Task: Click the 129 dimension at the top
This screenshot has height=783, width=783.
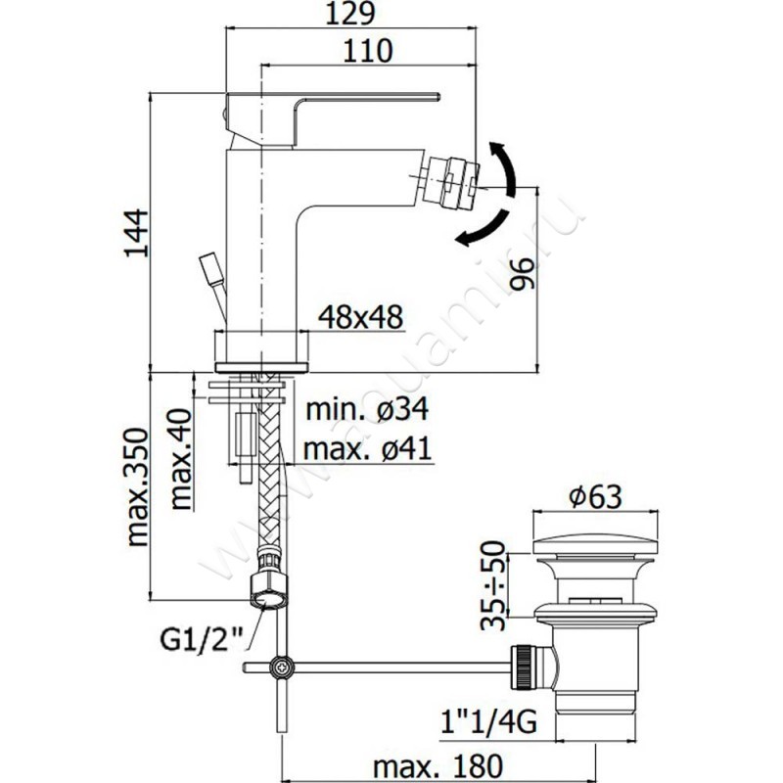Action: tap(349, 14)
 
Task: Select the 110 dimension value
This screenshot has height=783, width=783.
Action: tap(368, 51)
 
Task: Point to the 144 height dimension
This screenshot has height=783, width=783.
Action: tap(137, 233)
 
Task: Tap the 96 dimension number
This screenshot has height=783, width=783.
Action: tap(523, 274)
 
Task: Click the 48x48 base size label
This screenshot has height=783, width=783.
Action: tap(360, 317)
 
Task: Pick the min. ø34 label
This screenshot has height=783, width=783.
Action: tap(368, 409)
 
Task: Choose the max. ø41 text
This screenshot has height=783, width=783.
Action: tap(367, 448)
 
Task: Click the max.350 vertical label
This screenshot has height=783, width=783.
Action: tap(138, 485)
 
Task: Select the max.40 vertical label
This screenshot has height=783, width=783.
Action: tap(181, 459)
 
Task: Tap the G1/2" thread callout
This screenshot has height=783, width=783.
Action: tap(202, 639)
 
